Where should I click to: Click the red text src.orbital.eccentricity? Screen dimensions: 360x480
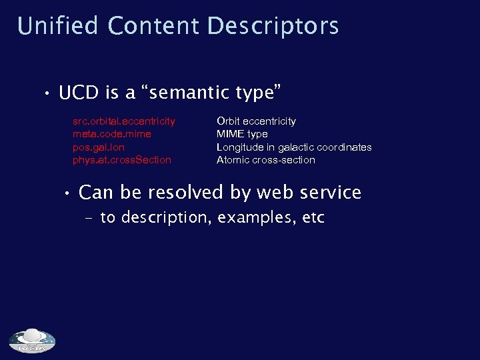point(124,121)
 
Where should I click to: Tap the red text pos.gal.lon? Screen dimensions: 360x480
point(99,147)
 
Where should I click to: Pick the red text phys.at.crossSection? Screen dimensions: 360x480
point(122,160)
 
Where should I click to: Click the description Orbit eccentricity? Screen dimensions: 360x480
point(256,121)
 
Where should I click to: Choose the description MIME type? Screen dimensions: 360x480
point(242,134)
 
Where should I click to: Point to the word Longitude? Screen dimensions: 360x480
point(239,147)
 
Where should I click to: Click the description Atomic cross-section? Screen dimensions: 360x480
point(266,160)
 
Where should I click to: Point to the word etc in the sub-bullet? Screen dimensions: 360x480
point(313,218)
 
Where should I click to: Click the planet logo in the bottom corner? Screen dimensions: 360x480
point(32,341)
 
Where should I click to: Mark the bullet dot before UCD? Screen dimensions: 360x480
point(48,94)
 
